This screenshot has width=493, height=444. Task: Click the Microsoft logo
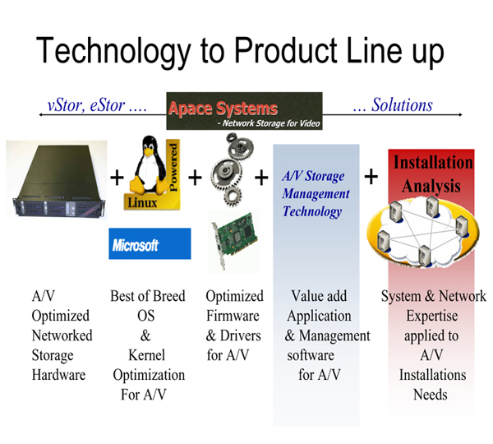tap(150, 243)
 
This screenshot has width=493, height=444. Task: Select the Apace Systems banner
tap(244, 111)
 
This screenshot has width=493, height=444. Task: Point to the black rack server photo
tap(57, 180)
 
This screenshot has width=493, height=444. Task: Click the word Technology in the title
tap(113, 51)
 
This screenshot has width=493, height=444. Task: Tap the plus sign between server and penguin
tap(117, 178)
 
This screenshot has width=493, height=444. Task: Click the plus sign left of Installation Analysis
tap(371, 177)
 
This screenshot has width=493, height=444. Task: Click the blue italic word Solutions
tap(402, 104)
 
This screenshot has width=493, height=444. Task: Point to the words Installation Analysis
tap(433, 174)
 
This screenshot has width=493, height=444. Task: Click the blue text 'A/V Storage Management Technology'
tap(316, 194)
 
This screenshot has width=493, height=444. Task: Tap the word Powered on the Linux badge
tap(173, 167)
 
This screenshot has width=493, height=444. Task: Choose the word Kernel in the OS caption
tap(146, 355)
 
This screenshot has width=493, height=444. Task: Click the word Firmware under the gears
tap(233, 316)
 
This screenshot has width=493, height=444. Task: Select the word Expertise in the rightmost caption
tap(432, 316)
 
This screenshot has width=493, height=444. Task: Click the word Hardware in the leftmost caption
tap(59, 375)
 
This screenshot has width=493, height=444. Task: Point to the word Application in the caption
tap(319, 317)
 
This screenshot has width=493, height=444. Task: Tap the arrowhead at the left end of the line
tap(41, 115)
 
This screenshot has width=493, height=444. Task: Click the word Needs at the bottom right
tap(431, 395)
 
